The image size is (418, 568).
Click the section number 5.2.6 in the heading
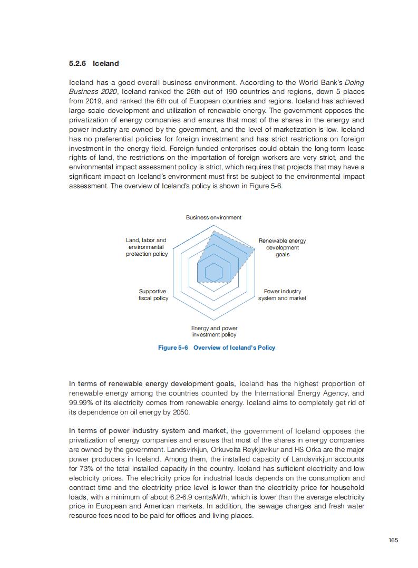pos(77,64)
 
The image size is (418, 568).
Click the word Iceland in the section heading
pos(105,64)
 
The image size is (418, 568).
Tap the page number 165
pos(393,540)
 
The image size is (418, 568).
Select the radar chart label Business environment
pos(213,217)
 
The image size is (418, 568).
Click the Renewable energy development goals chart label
pos(282,247)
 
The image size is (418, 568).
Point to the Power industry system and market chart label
pos(282,295)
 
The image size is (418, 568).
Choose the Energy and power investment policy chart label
pos(214,331)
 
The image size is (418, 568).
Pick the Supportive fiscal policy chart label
pos(153,295)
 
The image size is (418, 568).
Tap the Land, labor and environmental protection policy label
pos(146,247)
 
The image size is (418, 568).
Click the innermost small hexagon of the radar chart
pos(213,272)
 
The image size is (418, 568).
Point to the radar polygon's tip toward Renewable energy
pos(254,249)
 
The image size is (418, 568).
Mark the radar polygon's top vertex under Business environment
pos(213,230)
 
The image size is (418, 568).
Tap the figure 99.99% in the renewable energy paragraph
pos(80,403)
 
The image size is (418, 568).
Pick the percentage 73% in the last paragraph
pos(88,469)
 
